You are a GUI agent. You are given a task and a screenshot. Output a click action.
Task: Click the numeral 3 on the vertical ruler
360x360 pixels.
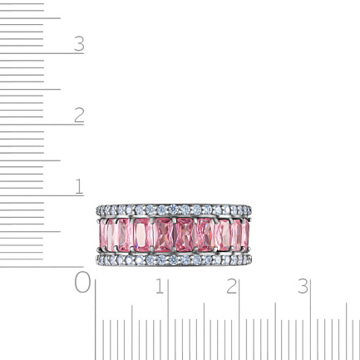coord(79,44)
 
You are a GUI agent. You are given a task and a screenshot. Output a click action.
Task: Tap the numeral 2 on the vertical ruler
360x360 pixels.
coord(79,115)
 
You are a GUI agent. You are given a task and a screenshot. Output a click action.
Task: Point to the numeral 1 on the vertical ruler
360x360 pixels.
coord(79,186)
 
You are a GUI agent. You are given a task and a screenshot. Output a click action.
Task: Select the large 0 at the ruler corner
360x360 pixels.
coord(82,282)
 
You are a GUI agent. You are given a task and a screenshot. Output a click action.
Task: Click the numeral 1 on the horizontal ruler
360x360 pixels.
coord(160,286)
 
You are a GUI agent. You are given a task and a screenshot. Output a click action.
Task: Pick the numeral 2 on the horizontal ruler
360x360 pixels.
coord(232,286)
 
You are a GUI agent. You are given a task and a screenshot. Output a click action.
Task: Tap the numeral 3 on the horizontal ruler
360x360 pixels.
coord(303,286)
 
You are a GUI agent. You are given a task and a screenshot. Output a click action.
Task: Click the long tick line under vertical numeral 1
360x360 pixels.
coord(42,195)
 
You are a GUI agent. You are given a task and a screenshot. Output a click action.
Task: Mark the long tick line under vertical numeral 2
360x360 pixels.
coord(42,125)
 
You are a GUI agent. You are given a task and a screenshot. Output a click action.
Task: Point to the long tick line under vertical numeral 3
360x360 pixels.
coord(42,53)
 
